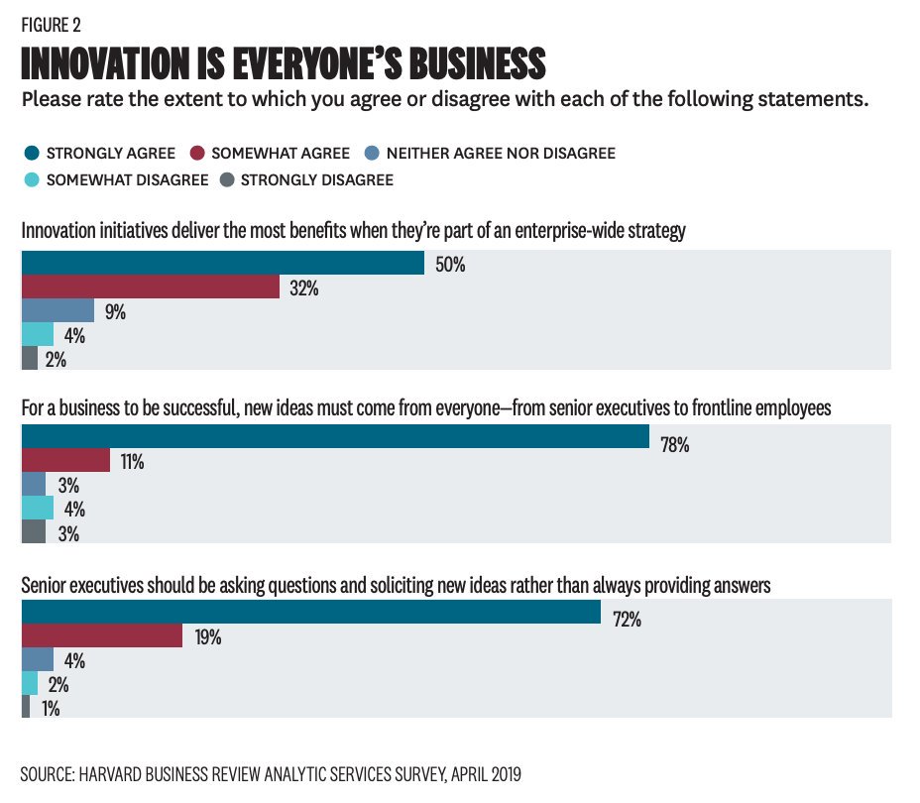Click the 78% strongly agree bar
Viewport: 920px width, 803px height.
[335, 437]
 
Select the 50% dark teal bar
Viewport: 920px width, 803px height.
[223, 263]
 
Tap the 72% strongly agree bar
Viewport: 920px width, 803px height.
[310, 612]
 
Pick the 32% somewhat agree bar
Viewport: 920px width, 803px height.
[151, 287]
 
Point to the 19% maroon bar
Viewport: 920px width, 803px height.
[102, 635]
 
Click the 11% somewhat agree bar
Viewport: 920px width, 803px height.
[65, 461]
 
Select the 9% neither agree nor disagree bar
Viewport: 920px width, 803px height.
[57, 310]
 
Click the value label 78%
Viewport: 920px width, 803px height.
[674, 446]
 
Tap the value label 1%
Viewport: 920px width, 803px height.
[51, 709]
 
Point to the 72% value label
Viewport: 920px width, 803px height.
[627, 621]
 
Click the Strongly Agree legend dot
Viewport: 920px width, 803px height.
[30, 154]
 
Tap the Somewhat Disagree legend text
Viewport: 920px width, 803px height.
[127, 179]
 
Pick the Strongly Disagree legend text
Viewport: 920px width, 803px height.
[316, 179]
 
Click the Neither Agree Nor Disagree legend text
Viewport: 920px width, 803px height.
[501, 154]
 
